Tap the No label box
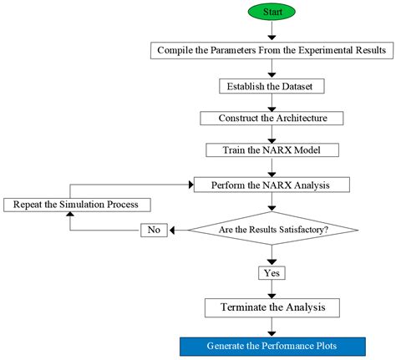click(154, 229)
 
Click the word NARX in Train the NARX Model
click(270, 150)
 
